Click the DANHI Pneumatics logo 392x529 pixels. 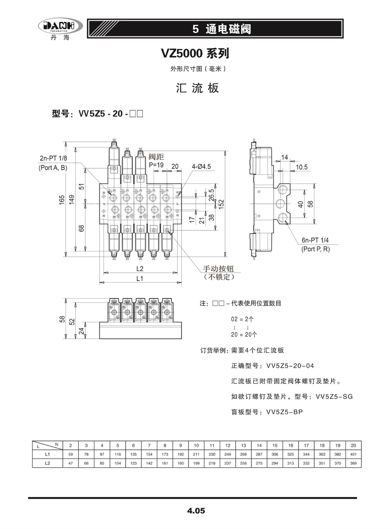coord(60,26)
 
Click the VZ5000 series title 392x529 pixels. coord(195,54)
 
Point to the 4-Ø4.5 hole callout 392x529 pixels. coord(201,167)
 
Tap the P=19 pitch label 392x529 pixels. coord(156,165)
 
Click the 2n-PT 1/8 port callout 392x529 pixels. coord(53,158)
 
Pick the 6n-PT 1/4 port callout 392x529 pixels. coord(315,240)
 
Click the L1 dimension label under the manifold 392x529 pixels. coord(140,278)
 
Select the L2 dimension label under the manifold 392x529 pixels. coord(140,268)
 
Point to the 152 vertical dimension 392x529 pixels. coord(221,204)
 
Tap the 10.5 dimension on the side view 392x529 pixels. coord(302,167)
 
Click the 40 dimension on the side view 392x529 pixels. coord(301,204)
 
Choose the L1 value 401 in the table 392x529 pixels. coord(353,454)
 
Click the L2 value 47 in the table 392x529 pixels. coord(71,463)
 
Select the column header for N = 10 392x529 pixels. coord(196,445)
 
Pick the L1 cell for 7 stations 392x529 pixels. coord(149,454)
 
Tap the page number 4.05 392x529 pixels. coord(196,510)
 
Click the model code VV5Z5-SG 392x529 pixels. coord(334,397)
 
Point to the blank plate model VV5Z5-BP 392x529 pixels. coord(285,412)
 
